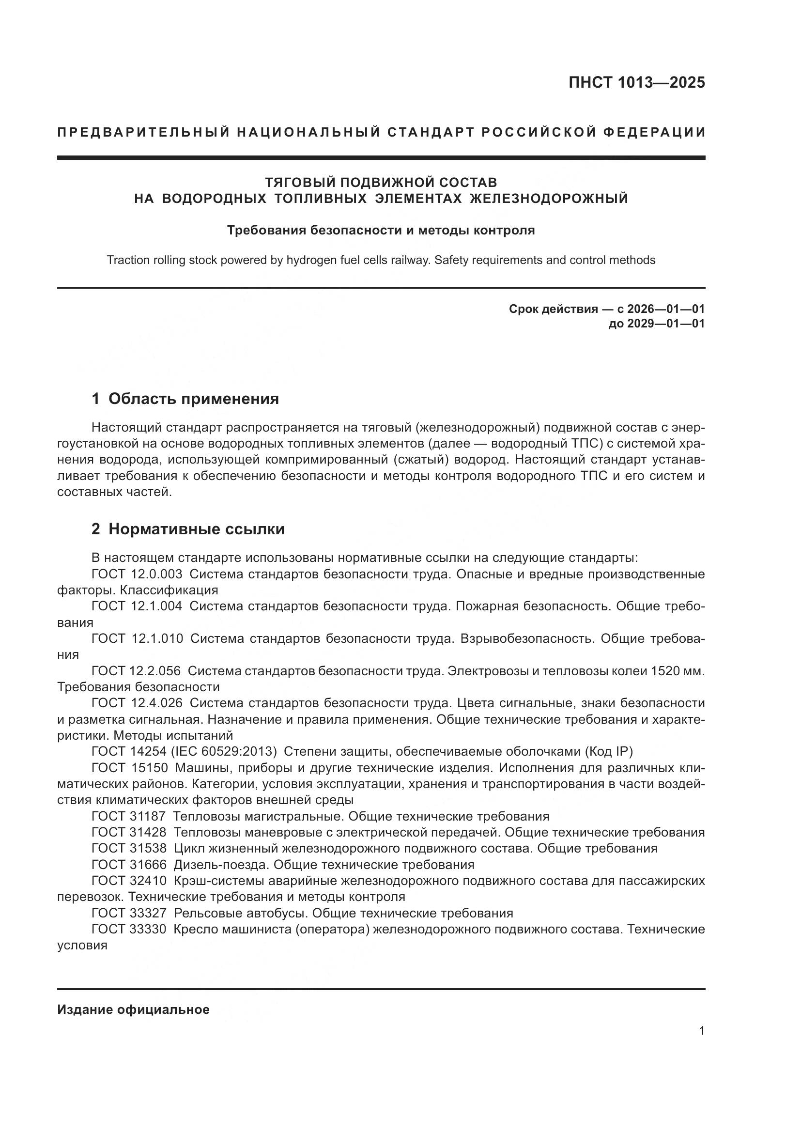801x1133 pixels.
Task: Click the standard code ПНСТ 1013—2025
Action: (x=637, y=82)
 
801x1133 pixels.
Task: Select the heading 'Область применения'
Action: (x=193, y=398)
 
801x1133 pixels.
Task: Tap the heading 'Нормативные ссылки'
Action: (x=196, y=529)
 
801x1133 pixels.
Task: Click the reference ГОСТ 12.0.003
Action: (x=137, y=574)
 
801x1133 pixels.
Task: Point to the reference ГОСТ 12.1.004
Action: (x=137, y=606)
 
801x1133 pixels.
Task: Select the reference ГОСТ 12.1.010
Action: (x=137, y=638)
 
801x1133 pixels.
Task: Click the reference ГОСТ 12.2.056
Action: (x=136, y=670)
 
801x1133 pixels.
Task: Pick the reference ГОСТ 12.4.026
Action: (x=137, y=703)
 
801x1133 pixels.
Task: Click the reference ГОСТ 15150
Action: (x=130, y=768)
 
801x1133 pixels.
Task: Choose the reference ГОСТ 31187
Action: (x=129, y=816)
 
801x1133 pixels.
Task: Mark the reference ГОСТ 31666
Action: (x=129, y=865)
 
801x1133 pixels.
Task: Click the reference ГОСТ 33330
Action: (x=129, y=929)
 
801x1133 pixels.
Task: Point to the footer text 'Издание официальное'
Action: (x=133, y=1009)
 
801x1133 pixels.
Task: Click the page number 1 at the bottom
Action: (x=702, y=1031)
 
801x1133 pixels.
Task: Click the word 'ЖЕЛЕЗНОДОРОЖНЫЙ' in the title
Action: (x=549, y=199)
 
